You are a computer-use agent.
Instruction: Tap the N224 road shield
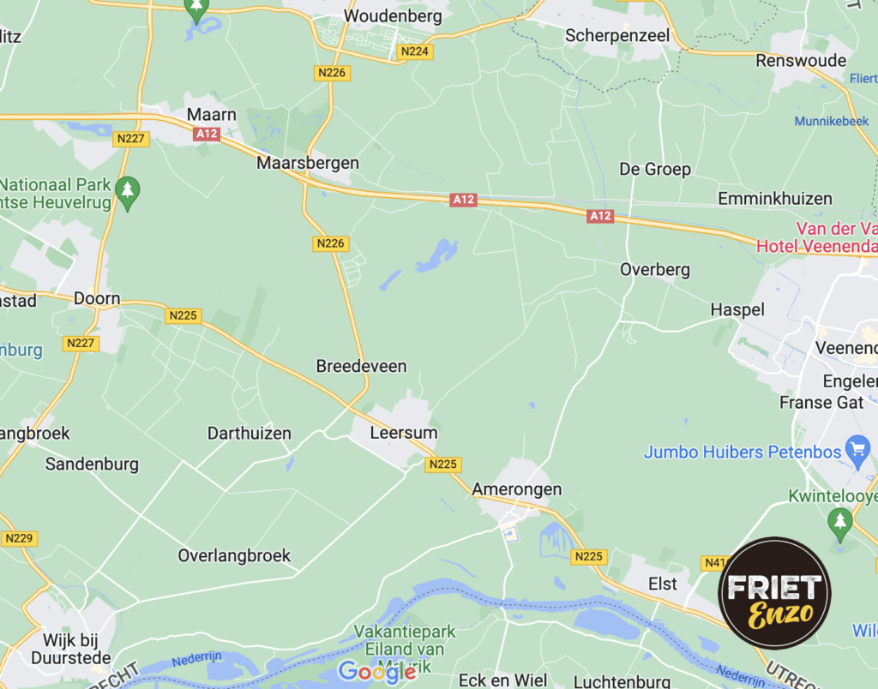coord(416,51)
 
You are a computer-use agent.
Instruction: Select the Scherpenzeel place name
coord(616,36)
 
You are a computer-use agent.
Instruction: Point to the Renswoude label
coord(801,61)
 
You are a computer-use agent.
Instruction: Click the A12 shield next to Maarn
coord(207,134)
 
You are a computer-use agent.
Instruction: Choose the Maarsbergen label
coord(308,163)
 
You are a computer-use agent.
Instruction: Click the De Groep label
coord(655,169)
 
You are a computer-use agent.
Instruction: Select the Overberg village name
coord(655,270)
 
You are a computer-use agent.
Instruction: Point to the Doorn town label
coord(97,299)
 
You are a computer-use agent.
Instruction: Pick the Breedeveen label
coord(361,366)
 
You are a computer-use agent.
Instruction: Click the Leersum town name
coord(403,433)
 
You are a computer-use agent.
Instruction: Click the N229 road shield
coord(18,538)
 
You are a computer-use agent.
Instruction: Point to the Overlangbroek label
coord(234,555)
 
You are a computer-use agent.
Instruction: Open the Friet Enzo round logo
coord(774,594)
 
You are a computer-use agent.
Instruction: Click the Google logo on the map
coord(376,671)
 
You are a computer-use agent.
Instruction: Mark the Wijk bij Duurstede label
coord(77,649)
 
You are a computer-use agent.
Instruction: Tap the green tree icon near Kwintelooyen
coord(839,520)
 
